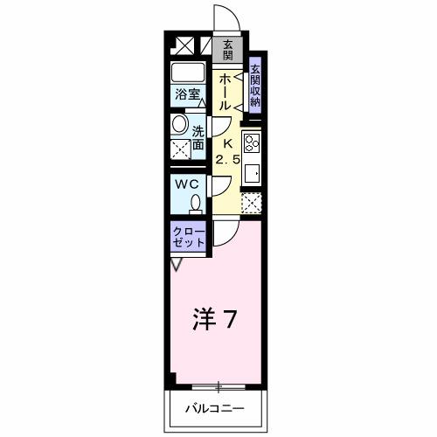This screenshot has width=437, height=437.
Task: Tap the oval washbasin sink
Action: pyautogui.click(x=179, y=124)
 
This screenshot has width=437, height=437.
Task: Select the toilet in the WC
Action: pyautogui.click(x=195, y=204)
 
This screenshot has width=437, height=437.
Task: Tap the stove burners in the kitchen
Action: pyautogui.click(x=252, y=142)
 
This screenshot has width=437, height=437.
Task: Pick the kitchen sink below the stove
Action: pyautogui.click(x=252, y=172)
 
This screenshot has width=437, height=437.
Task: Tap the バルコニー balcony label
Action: pyautogui.click(x=214, y=408)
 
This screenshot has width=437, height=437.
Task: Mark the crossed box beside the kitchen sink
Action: pyautogui.click(x=252, y=204)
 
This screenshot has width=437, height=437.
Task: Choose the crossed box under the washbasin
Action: pyautogui.click(x=181, y=149)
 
